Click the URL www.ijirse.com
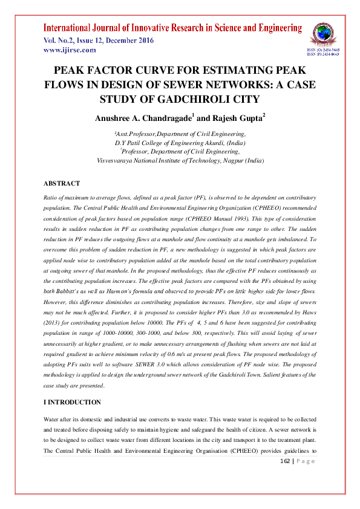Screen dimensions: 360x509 (x=70, y=50)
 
